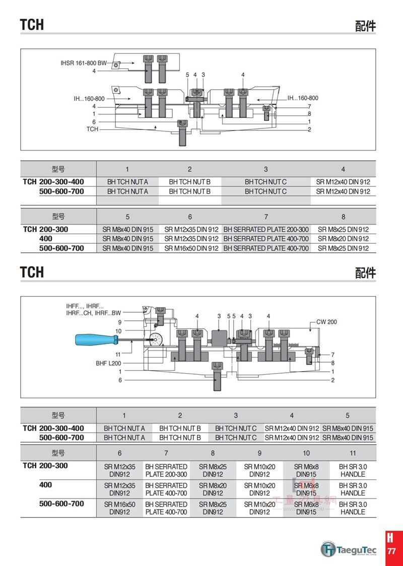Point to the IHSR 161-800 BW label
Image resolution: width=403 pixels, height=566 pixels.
(84, 63)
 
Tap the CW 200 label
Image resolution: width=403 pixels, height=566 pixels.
(326, 322)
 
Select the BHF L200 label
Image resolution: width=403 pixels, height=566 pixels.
(108, 363)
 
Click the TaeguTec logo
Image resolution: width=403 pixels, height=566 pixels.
(349, 550)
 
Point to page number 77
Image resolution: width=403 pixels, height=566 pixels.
(391, 551)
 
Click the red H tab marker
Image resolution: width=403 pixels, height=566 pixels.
(390, 537)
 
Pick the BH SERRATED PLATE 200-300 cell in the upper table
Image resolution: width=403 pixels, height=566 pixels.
(266, 229)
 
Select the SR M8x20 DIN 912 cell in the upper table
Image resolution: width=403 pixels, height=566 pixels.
(343, 239)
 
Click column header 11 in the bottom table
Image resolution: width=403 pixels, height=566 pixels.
(353, 453)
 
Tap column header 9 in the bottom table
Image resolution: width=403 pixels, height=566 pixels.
(259, 453)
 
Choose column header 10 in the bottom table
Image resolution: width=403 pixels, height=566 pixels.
(306, 453)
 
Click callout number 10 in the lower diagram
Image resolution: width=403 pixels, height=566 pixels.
(118, 331)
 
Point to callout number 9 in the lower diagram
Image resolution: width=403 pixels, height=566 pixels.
(120, 322)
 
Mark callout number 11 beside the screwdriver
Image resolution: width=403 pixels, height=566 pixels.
(118, 355)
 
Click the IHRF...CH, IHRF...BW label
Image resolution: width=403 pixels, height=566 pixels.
(94, 313)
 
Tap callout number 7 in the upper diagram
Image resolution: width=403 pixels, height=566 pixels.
(309, 106)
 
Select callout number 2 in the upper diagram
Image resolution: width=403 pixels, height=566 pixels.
(309, 129)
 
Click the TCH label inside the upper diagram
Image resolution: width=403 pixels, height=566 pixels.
(92, 129)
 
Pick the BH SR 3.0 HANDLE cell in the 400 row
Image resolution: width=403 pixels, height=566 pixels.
(353, 489)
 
